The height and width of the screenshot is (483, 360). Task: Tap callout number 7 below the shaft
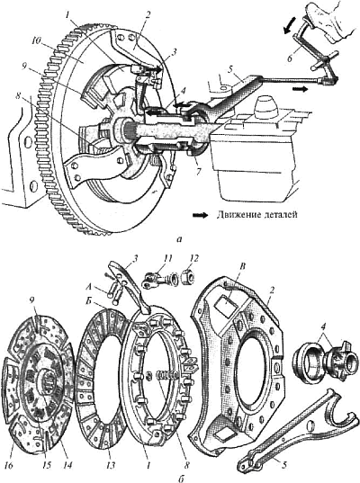point(198,171)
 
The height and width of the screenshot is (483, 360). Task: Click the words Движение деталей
point(256,215)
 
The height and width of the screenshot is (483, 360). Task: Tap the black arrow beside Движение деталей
point(200,215)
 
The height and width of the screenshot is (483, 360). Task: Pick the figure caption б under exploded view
point(181,479)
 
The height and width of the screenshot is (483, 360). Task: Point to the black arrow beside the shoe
point(289,24)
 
